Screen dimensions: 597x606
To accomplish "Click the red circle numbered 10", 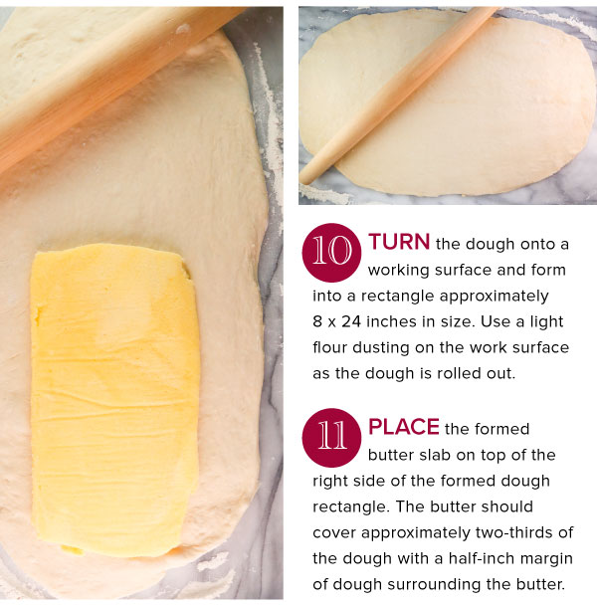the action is tap(331, 253).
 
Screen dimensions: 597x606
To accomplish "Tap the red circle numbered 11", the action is tap(331, 438).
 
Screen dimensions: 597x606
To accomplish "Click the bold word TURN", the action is tap(399, 242).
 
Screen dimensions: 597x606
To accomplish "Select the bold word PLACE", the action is tap(404, 427).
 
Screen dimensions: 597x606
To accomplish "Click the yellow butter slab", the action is tap(114, 400).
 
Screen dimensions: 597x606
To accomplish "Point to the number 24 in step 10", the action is tap(351, 321).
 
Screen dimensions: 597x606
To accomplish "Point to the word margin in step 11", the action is tap(545, 559).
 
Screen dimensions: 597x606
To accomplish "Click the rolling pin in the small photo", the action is tap(398, 95).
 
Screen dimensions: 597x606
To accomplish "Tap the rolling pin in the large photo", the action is tap(112, 82).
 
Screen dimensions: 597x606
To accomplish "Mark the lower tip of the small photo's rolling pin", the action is tap(303, 180).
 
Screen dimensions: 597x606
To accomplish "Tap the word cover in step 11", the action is tap(334, 533).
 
